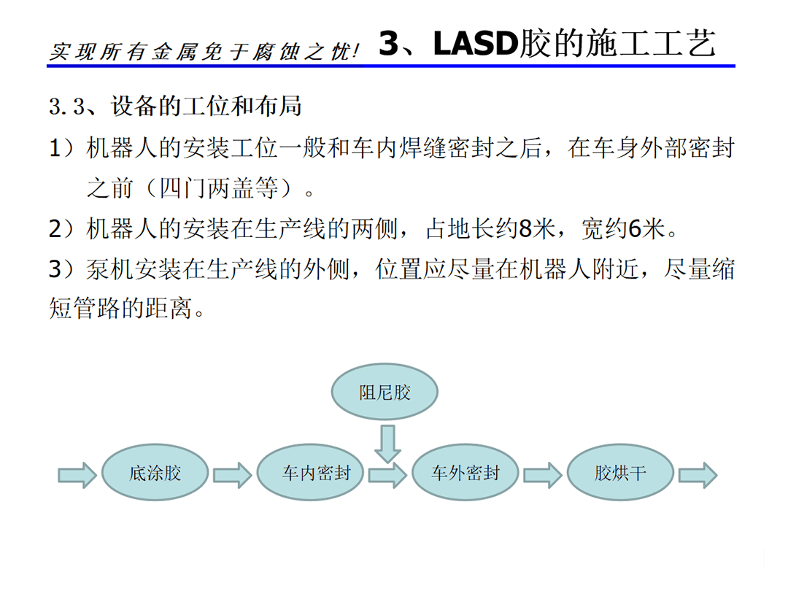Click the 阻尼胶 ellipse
pyautogui.click(x=385, y=392)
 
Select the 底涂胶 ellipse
pyautogui.click(x=155, y=472)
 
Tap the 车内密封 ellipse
pyautogui.click(x=310, y=472)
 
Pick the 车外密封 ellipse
pyautogui.click(x=466, y=472)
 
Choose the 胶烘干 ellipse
pyautogui.click(x=621, y=472)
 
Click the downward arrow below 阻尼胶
pyautogui.click(x=387, y=444)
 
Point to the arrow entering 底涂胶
pyautogui.click(x=77, y=475)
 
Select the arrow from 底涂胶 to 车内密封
pyautogui.click(x=233, y=475)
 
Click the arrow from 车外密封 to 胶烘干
pyautogui.click(x=544, y=475)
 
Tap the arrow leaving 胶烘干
pyautogui.click(x=698, y=475)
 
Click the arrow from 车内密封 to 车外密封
pyautogui.click(x=388, y=475)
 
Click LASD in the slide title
pyautogui.click(x=476, y=43)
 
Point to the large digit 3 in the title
pyautogui.click(x=389, y=43)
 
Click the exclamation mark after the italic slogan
pyautogui.click(x=356, y=51)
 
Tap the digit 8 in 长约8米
pyautogui.click(x=525, y=229)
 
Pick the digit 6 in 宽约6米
pyautogui.click(x=636, y=229)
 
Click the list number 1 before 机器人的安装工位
pyautogui.click(x=55, y=148)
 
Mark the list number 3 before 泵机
pyautogui.click(x=55, y=269)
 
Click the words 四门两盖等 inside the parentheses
pyautogui.click(x=219, y=188)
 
